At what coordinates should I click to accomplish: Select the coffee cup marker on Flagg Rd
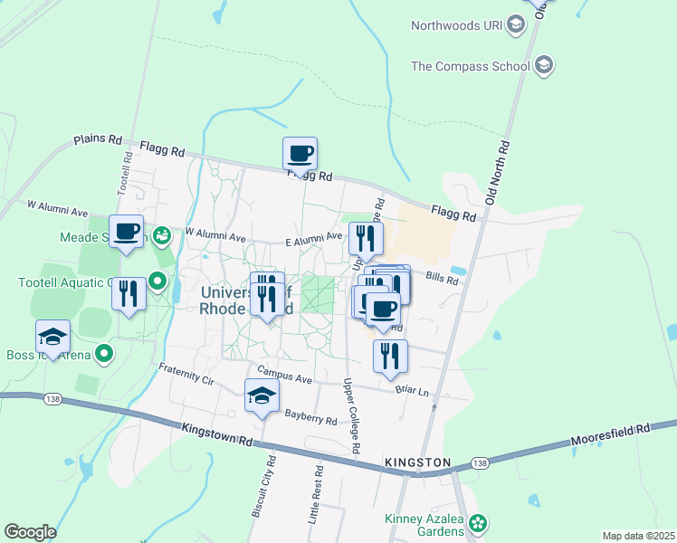coord(300,154)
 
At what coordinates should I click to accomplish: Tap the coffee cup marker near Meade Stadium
coord(127,232)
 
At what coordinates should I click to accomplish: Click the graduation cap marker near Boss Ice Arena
coord(52,338)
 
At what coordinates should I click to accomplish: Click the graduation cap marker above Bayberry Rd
coord(262,395)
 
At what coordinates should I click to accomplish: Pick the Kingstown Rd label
coord(217,436)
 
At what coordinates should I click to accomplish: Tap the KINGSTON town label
coord(417,462)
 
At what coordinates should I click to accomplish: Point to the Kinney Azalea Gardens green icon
coord(478,523)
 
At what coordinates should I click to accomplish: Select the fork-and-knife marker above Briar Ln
coord(390,357)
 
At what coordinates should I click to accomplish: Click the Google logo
coord(29,532)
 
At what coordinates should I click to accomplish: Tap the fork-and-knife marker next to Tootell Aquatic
coord(129,294)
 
